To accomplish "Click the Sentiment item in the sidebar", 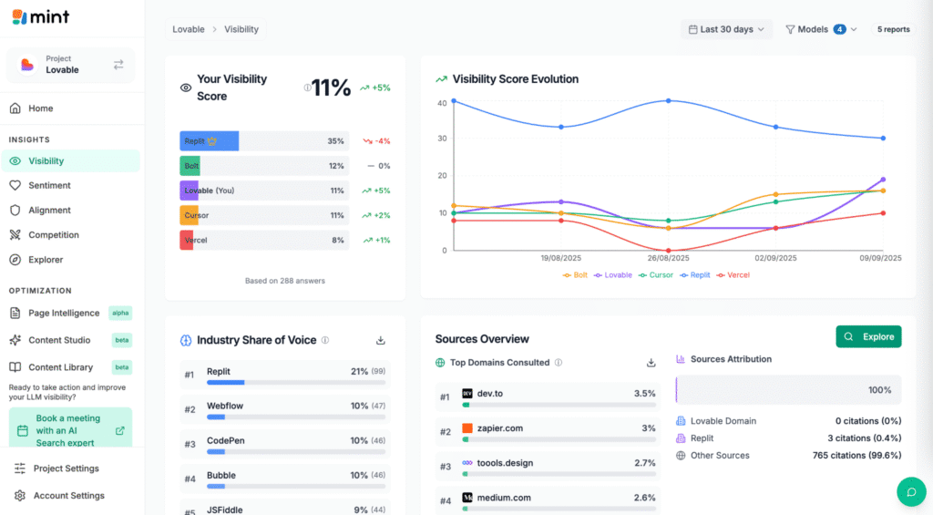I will [x=49, y=185].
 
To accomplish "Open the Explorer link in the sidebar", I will [x=46, y=260].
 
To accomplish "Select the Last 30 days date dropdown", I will [x=726, y=29].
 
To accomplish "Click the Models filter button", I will [x=820, y=29].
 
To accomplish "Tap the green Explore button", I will [x=868, y=336].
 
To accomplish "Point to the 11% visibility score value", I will [x=331, y=88].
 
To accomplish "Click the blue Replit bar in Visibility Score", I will [x=209, y=141].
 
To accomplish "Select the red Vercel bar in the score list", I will [x=187, y=240].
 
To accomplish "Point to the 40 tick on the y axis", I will [x=442, y=103].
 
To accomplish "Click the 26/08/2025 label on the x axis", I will [x=668, y=259].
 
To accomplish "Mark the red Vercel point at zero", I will [x=668, y=250].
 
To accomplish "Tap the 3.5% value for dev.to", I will [x=644, y=394].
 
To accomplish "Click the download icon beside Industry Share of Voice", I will [x=381, y=340].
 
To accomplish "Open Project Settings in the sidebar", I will [x=66, y=469].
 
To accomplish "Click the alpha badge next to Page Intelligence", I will [x=120, y=313].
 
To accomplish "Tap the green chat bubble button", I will [x=911, y=491].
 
